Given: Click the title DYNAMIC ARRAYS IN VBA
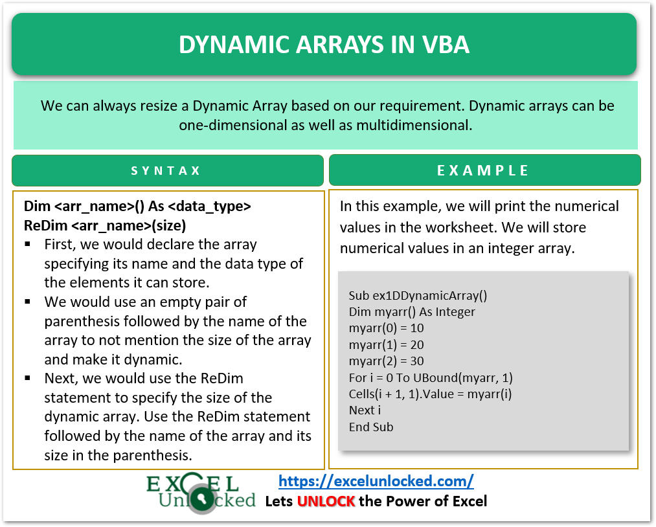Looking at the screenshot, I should coord(324,45).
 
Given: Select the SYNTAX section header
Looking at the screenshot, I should coord(166,171).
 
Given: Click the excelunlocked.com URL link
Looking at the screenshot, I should coord(376,481).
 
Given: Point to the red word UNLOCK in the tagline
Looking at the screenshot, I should coord(326,501).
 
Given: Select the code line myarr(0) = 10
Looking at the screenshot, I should coord(386,328).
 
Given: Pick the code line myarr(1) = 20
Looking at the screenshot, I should coord(386,344).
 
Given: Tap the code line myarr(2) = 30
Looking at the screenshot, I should coord(386,361).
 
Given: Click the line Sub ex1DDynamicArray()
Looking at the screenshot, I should coord(418,296).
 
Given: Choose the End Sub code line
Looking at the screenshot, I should coord(370,427).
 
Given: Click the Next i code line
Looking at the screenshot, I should coord(365,410).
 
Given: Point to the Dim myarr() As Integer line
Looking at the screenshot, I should coord(412,312).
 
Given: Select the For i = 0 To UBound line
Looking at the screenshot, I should coord(431,377).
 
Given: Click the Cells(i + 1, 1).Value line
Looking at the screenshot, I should coord(430,394).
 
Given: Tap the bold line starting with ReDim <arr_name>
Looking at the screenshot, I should coord(105,226).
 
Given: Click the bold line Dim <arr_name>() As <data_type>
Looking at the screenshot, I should coord(137,207).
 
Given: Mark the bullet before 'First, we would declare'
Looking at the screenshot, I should coord(28,245).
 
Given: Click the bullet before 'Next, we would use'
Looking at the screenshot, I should coord(28,378).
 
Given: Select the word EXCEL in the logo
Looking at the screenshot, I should coord(192,483).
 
